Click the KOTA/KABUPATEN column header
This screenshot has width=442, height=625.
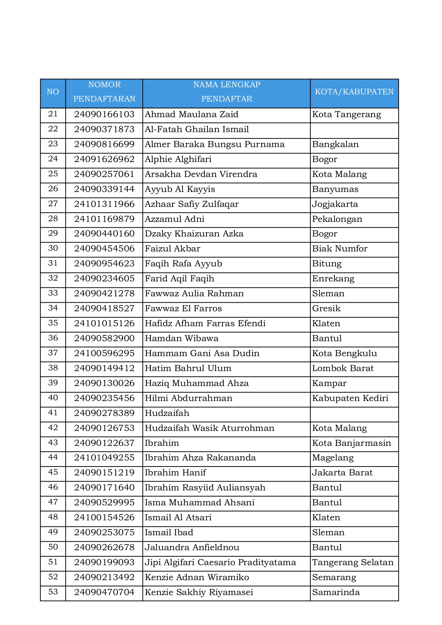[x=354, y=92]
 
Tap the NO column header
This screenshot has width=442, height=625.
[x=53, y=92]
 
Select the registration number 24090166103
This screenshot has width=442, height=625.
[x=104, y=115]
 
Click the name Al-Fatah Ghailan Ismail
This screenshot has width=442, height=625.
[x=197, y=130]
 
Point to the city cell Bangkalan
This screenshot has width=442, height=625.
[x=335, y=145]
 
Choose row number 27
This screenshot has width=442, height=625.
[x=53, y=204]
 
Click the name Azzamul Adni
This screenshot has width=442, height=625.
[x=175, y=219]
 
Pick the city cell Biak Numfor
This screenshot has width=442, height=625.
[x=340, y=249]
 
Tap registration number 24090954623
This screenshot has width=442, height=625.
[x=104, y=264]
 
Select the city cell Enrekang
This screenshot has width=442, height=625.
[x=333, y=278]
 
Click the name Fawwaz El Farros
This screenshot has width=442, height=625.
[x=183, y=308]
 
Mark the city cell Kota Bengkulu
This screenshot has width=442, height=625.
[x=344, y=353]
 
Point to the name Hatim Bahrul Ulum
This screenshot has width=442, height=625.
[x=188, y=368]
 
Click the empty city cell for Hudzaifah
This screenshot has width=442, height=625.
[x=354, y=413]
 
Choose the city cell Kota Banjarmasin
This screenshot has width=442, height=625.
[x=351, y=443]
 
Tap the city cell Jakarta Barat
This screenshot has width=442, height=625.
[x=342, y=473]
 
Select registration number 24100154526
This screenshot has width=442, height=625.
[x=104, y=517]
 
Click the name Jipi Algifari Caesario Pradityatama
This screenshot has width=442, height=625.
[x=220, y=562]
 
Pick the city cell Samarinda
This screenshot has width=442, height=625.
[x=336, y=592]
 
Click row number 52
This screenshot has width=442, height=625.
[x=53, y=577]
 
